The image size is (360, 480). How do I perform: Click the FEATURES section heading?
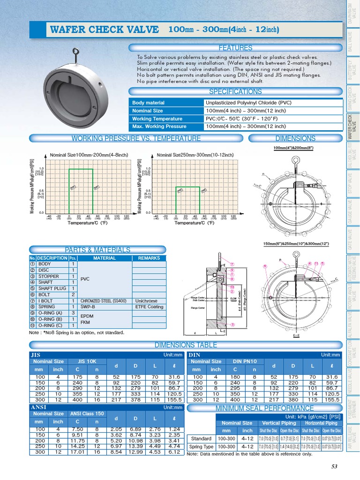point(235,48)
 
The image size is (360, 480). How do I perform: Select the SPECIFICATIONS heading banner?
point(235,91)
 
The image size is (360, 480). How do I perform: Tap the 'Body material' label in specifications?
point(149,103)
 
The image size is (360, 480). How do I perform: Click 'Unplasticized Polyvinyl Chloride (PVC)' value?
point(248,103)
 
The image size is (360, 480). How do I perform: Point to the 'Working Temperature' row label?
point(157,119)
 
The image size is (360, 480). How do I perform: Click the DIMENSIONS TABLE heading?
point(186,345)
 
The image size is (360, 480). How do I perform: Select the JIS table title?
point(36,355)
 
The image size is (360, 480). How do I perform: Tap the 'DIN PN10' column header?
point(244,361)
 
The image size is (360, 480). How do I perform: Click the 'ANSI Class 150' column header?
point(87,414)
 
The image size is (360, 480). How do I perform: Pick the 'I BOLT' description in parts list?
point(45,301)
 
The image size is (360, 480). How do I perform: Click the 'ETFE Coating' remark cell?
point(149,307)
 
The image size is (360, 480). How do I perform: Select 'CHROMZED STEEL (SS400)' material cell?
point(104,301)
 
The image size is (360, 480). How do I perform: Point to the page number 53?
point(334,466)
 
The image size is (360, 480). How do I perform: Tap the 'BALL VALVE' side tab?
point(352,42)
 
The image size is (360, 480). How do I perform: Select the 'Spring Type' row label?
point(201,447)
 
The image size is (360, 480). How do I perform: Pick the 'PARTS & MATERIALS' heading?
point(97,250)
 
